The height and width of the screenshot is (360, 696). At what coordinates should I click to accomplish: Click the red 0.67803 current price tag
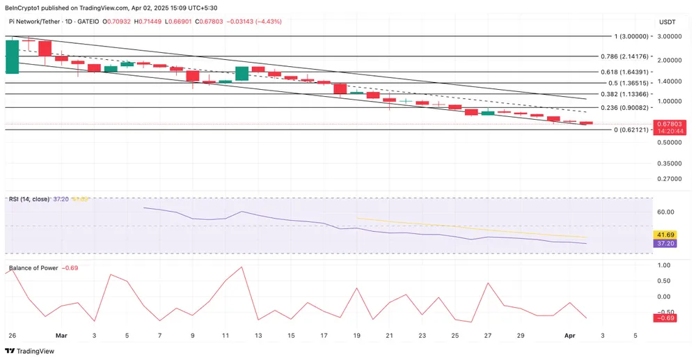670,123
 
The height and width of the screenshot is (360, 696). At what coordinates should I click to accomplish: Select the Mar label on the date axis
61,335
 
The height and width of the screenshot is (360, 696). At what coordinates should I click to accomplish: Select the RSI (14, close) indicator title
29,199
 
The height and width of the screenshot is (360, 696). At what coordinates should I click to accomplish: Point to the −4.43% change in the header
269,22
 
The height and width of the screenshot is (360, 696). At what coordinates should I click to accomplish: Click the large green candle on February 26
12,56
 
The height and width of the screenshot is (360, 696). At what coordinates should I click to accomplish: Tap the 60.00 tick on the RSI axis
667,212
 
